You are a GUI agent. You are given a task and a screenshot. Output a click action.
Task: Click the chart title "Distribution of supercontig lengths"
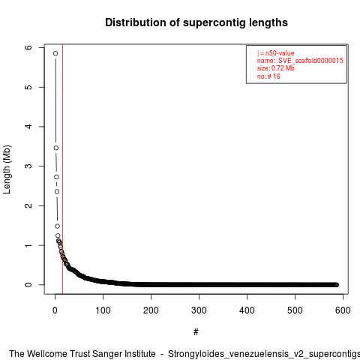point(196,22)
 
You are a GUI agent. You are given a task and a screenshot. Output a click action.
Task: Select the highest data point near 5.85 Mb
point(55,53)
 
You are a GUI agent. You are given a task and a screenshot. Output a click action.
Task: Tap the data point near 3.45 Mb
point(56,148)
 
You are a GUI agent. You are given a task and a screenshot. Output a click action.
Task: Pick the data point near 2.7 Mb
point(56,177)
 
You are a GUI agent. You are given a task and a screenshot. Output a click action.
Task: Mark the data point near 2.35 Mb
point(57,191)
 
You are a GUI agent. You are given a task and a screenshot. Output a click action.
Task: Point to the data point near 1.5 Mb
point(58,226)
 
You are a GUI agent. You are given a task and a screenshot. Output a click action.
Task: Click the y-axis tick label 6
point(28,47)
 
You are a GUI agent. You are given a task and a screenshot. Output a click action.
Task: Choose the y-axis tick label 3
point(28,166)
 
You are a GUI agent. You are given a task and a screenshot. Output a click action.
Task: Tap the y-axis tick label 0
point(28,285)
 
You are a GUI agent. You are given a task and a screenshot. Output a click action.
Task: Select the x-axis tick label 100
point(103,310)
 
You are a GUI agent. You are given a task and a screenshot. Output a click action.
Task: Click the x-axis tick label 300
point(199,310)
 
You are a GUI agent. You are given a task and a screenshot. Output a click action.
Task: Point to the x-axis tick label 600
point(343,310)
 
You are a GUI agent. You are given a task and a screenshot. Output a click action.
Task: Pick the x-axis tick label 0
point(55,310)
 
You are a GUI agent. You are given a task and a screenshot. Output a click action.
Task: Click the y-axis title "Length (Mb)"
point(7,169)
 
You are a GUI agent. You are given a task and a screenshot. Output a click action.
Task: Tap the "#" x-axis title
point(196,332)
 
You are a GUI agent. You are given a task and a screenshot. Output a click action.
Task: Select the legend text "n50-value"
point(280,53)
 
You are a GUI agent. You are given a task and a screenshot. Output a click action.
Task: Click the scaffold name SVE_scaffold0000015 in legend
point(310,61)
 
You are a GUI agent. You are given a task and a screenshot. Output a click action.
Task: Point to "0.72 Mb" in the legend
point(283,68)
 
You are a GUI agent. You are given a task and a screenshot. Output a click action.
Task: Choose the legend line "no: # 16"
point(268,76)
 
